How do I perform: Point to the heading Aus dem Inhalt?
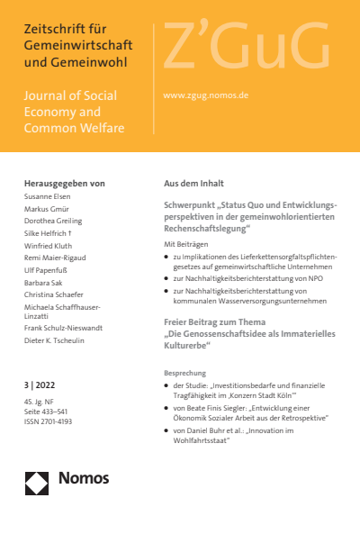[x=196, y=182]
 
